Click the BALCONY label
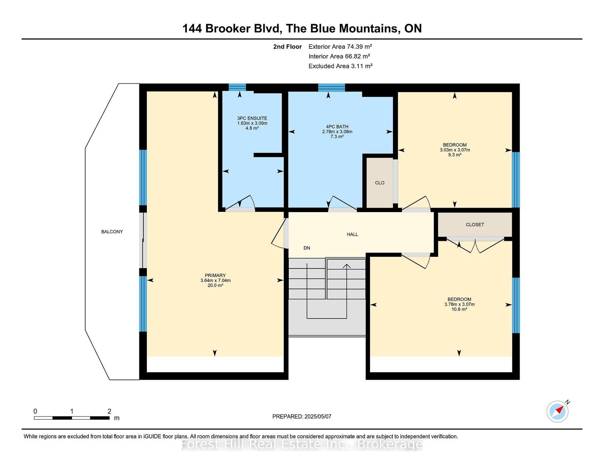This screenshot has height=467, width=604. click(112, 232)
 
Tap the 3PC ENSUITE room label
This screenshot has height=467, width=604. click(252, 118)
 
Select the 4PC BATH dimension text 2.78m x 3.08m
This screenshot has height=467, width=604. click(337, 132)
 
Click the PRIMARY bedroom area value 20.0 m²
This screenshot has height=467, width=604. click(215, 285)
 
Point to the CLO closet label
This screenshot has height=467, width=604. click(379, 183)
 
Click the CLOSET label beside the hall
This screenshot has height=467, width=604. click(475, 225)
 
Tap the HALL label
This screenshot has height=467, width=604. click(352, 234)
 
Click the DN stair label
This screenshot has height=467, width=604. click(307, 248)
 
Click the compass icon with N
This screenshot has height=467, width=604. click(558, 412)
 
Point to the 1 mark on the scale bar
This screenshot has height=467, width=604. click(71, 412)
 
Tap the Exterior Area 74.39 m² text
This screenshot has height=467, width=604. click(340, 46)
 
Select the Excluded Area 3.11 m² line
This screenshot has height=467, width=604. click(340, 66)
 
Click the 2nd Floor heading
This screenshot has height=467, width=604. click(287, 46)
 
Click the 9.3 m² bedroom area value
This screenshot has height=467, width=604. click(455, 155)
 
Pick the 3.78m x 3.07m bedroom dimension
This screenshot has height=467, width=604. click(459, 304)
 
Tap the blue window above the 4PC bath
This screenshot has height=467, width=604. click(331, 88)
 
